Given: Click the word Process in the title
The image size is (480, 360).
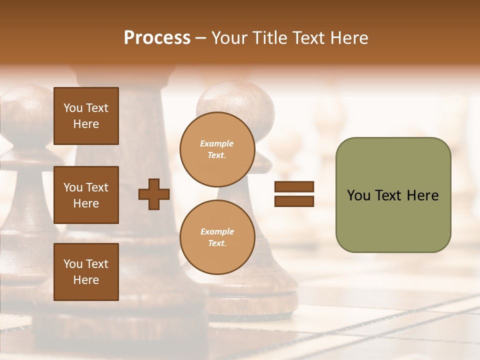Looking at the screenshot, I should (157, 38).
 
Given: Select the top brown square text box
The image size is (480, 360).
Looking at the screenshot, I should (86, 116).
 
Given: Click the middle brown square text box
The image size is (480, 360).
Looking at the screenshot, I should (86, 195).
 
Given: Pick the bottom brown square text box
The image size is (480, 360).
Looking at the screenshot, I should (86, 271).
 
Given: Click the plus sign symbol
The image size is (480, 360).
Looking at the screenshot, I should (154, 194).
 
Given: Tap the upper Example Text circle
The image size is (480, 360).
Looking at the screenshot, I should (217, 149).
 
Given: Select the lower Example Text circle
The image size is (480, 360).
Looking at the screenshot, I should (217, 237).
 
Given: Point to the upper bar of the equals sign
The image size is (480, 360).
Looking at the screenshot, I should (294, 186).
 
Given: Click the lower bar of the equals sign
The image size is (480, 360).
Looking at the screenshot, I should (294, 201).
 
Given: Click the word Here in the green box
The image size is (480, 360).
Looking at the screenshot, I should (422, 195).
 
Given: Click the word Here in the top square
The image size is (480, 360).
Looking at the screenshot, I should (86, 124).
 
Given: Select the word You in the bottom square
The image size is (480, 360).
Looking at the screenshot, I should (73, 264).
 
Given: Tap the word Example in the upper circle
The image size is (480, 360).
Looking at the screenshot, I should (216, 143).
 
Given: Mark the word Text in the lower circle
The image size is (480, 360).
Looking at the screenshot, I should (216, 243).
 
